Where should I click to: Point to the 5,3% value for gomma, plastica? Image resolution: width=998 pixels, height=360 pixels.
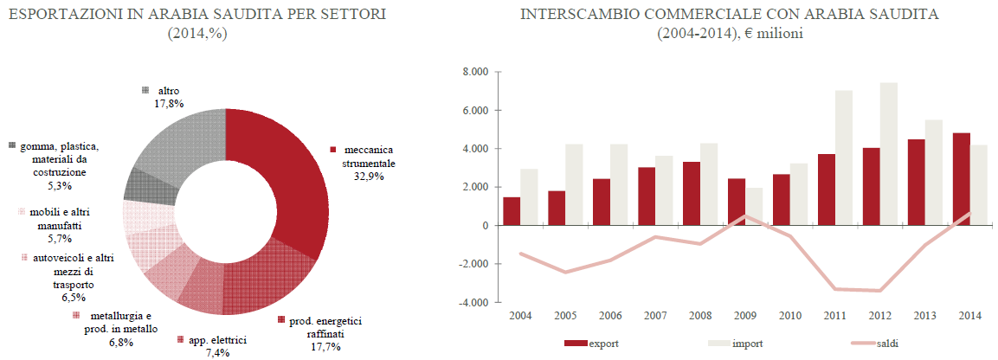(x=59, y=185)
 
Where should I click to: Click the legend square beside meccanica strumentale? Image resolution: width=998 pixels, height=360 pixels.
(x=333, y=150)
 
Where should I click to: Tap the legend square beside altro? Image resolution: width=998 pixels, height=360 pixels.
(x=145, y=90)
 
